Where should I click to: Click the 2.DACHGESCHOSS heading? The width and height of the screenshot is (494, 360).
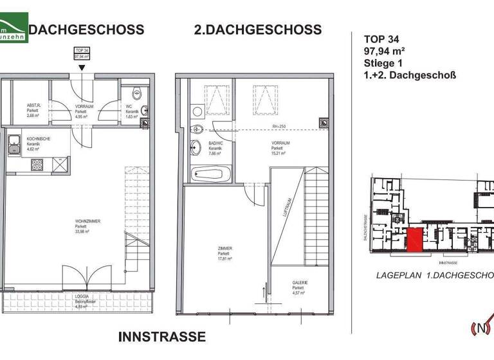coord(257,30)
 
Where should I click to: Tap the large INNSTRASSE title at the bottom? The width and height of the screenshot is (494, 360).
coord(162,336)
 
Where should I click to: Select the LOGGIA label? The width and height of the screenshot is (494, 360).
coord(81,296)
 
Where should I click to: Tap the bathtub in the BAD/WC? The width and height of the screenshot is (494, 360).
coord(207,173)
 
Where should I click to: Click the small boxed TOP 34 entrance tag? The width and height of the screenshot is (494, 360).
coord(81,53)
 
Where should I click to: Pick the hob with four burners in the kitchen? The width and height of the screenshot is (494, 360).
coord(37,165)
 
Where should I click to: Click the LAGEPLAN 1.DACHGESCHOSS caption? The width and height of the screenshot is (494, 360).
coord(435,274)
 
